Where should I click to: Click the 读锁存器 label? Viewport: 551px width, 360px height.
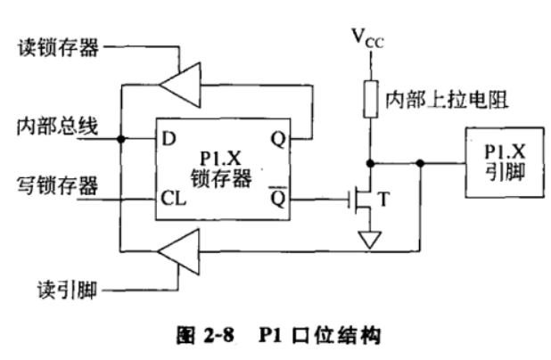(58, 47)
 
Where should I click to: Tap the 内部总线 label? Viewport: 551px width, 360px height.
(58, 127)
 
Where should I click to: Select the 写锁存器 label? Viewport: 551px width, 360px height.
(58, 185)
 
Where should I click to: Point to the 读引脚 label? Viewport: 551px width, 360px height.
(67, 290)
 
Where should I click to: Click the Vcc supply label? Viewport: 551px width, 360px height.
(367, 38)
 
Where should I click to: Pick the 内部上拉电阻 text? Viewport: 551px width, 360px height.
(447, 100)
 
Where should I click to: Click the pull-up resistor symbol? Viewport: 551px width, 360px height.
(370, 99)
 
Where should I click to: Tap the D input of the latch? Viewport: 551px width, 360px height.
(169, 139)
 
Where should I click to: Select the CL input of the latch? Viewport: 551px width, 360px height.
(173, 199)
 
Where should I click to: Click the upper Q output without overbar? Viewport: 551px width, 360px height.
(278, 140)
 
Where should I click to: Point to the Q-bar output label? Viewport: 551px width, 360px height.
(278, 198)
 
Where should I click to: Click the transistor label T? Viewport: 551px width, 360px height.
(384, 199)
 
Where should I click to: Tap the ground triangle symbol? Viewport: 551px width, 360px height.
(370, 240)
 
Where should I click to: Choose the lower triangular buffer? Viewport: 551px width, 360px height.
(179, 251)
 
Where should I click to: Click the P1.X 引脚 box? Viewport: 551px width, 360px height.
(505, 162)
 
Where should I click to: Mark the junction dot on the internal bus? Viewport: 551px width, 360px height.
(121, 139)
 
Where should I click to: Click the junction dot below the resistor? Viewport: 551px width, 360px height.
(370, 163)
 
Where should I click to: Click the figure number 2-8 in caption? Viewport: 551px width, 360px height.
(218, 334)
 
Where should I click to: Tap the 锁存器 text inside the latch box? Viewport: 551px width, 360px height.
(221, 178)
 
